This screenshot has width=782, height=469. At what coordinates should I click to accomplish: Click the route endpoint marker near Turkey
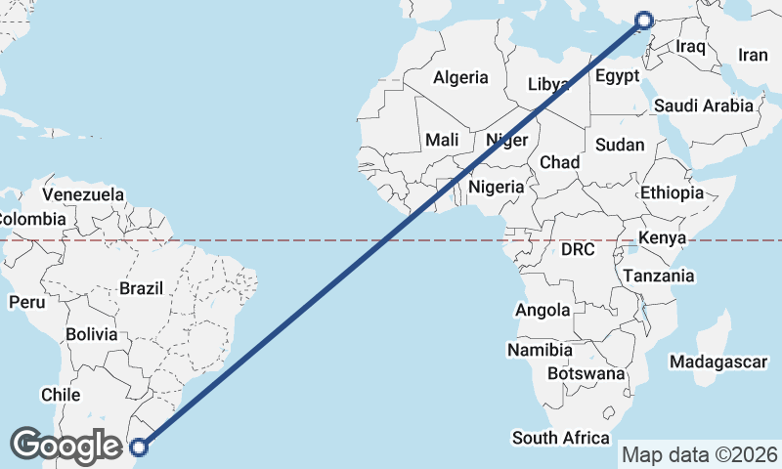pyautogui.click(x=644, y=20)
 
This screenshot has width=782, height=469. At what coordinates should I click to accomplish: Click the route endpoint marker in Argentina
pyautogui.click(x=139, y=448)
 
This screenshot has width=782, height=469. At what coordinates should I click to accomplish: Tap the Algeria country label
pyautogui.click(x=460, y=77)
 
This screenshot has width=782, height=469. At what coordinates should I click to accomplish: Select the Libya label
pyautogui.click(x=547, y=84)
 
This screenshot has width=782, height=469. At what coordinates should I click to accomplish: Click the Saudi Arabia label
pyautogui.click(x=704, y=106)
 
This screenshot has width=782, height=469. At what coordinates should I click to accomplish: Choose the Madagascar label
pyautogui.click(x=718, y=362)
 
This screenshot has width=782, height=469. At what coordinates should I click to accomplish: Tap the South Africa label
pyautogui.click(x=561, y=438)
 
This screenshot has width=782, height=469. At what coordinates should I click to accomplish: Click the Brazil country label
pyautogui.click(x=142, y=288)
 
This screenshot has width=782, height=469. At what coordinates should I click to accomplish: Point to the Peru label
pyautogui.click(x=27, y=302)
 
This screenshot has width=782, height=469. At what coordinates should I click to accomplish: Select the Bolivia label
pyautogui.click(x=92, y=334)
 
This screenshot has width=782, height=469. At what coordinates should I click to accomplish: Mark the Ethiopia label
pyautogui.click(x=672, y=192)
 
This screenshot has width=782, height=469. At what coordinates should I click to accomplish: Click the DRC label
pyautogui.click(x=578, y=250)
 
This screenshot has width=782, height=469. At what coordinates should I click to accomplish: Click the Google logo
pyautogui.click(x=65, y=446)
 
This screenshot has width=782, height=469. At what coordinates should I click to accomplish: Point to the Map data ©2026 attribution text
pyautogui.click(x=700, y=454)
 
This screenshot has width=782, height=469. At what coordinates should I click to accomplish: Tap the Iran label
pyautogui.click(x=753, y=56)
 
